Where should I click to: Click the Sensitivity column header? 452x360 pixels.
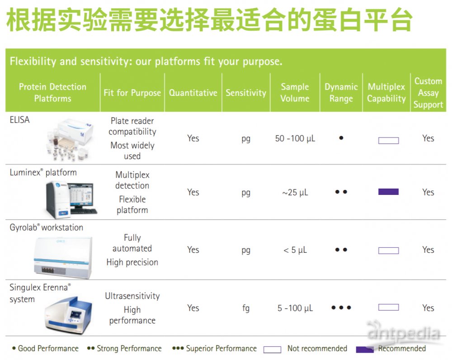click(246, 93)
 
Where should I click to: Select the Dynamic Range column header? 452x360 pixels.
click(341, 93)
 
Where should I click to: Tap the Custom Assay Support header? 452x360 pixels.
click(428, 93)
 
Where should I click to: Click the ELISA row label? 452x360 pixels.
click(19, 120)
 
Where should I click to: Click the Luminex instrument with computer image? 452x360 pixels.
click(71, 199)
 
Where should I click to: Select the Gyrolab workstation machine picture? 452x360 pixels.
click(63, 257)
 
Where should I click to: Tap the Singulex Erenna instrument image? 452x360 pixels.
click(68, 315)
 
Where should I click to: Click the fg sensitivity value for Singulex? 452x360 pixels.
click(245, 308)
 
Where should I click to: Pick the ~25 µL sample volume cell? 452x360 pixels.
click(295, 192)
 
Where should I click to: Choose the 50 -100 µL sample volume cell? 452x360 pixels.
click(295, 138)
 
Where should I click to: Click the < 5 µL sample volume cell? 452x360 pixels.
click(295, 250)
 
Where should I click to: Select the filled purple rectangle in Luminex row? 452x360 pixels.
click(388, 192)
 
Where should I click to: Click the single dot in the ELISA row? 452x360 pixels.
click(341, 138)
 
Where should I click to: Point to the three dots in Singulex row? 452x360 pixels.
click(341, 308)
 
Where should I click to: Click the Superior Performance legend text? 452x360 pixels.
click(221, 348)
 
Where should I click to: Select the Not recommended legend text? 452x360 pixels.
click(317, 348)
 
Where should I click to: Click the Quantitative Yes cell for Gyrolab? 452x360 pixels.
click(193, 250)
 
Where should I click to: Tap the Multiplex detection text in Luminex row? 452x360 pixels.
click(132, 180)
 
